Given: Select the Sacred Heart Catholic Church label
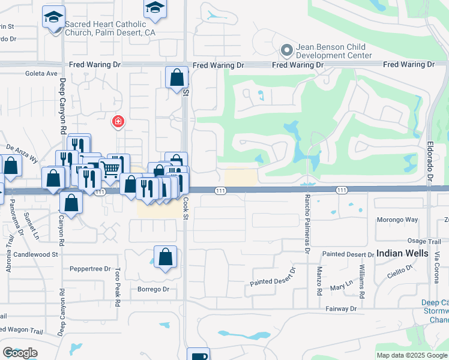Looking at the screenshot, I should click(x=106, y=28).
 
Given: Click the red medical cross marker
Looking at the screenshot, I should click(x=118, y=122).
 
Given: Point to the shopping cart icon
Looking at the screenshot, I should click(x=110, y=169).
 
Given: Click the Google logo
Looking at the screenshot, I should click(x=20, y=353).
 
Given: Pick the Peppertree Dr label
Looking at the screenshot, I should click(x=91, y=269).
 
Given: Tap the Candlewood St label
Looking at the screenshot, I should click(x=38, y=254).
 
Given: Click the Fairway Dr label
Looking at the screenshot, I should click(x=342, y=308).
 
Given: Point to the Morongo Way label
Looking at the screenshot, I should click(x=397, y=220).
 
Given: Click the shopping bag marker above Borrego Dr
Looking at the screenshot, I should click(x=165, y=256).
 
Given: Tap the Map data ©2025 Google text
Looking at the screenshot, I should click(x=412, y=355).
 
